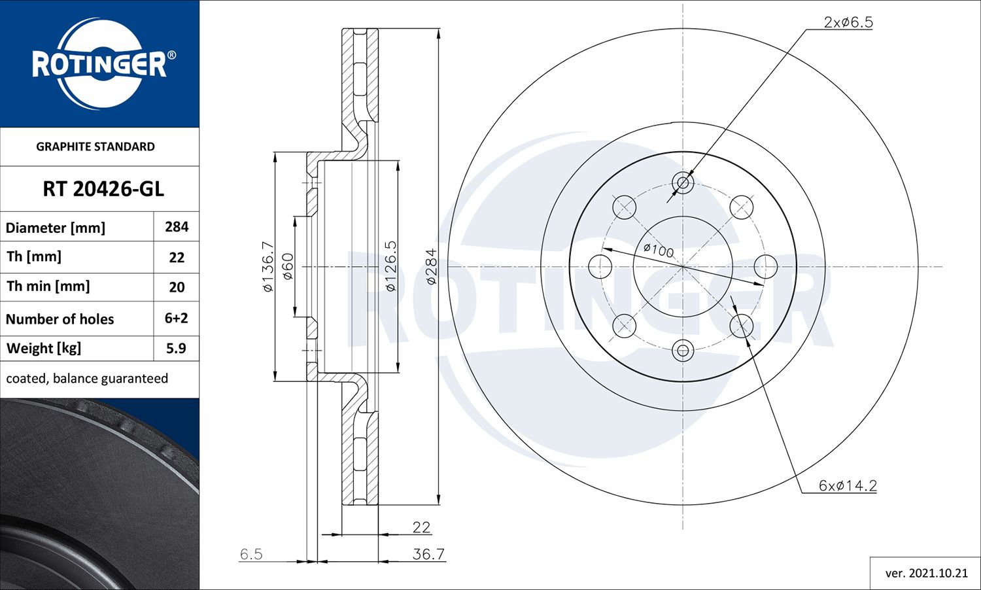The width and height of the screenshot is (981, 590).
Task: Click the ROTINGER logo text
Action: [x=99, y=64]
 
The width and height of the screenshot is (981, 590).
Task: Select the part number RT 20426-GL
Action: [x=103, y=189]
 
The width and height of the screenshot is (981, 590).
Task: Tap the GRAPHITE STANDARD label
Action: [x=95, y=147]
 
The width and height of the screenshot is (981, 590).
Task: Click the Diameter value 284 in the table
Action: [x=177, y=227]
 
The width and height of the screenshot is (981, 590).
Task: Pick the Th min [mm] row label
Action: [x=48, y=286]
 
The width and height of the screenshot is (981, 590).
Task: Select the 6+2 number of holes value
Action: [x=177, y=318]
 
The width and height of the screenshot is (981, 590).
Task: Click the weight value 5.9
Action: [x=176, y=348]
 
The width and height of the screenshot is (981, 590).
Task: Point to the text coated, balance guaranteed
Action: [x=87, y=379]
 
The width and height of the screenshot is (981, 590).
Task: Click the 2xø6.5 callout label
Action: [x=848, y=22]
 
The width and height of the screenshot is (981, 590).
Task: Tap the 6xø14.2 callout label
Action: [x=848, y=485]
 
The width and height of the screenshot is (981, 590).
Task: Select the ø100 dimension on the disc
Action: [x=658, y=250]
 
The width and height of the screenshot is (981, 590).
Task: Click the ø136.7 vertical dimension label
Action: [x=267, y=266]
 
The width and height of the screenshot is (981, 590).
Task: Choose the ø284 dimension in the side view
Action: [x=431, y=266]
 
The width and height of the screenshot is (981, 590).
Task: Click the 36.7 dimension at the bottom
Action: [x=428, y=554]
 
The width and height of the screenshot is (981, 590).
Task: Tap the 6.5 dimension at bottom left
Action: [x=251, y=554]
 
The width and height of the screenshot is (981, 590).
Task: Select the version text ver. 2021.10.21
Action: [x=926, y=573]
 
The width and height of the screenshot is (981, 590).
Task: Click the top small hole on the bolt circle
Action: [x=683, y=183]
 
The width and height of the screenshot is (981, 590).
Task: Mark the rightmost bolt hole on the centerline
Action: [x=765, y=267]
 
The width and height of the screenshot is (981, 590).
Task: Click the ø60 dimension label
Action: [x=288, y=266]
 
